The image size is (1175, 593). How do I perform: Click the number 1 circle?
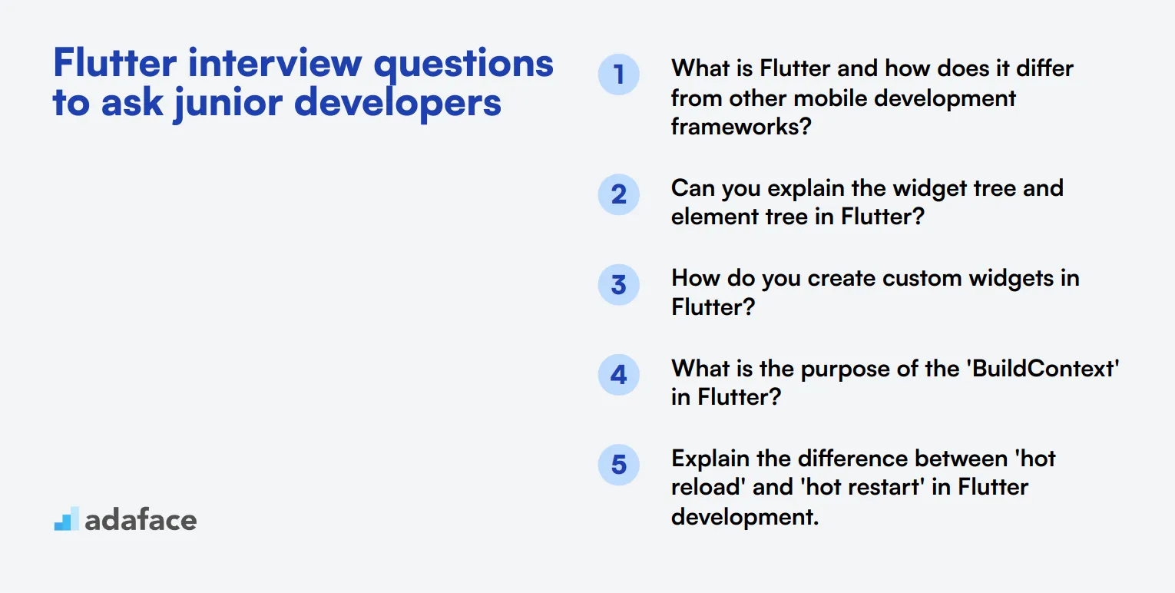point(618,75)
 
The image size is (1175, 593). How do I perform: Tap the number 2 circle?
point(618,194)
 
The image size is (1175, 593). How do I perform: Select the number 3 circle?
point(618,285)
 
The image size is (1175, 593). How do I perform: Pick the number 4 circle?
point(618,375)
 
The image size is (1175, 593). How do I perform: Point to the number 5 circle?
point(618,465)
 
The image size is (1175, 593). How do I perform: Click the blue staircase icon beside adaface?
point(66,518)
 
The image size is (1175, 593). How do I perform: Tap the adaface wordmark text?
point(141,520)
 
